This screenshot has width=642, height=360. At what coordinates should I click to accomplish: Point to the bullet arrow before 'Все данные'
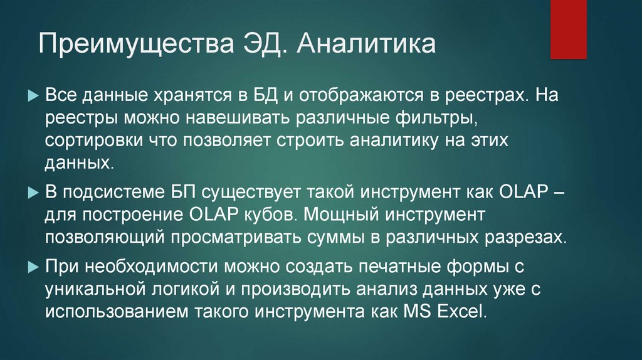coord(34,97)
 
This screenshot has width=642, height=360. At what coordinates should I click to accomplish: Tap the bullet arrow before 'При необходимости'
coord(34,266)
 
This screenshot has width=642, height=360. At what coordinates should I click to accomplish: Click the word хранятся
coord(178,97)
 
